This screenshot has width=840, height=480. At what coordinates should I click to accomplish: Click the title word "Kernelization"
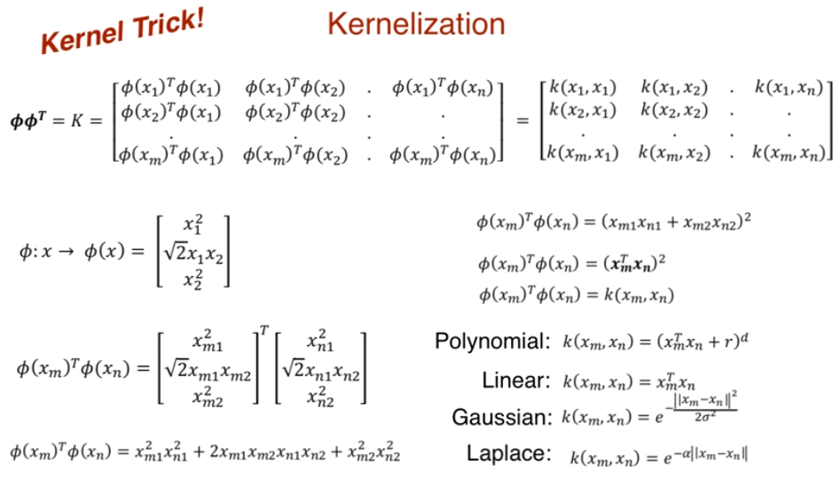click(416, 24)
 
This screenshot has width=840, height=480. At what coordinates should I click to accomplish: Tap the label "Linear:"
click(516, 382)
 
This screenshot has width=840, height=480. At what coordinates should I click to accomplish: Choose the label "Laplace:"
click(509, 453)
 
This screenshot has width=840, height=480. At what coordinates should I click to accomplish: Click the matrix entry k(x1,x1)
click(582, 88)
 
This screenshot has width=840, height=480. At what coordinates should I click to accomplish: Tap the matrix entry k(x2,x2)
click(673, 110)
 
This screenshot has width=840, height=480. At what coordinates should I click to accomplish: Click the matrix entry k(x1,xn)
click(789, 88)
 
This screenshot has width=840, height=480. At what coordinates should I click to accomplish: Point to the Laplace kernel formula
click(658, 457)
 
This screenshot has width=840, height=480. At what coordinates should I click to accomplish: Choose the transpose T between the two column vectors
click(263, 331)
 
